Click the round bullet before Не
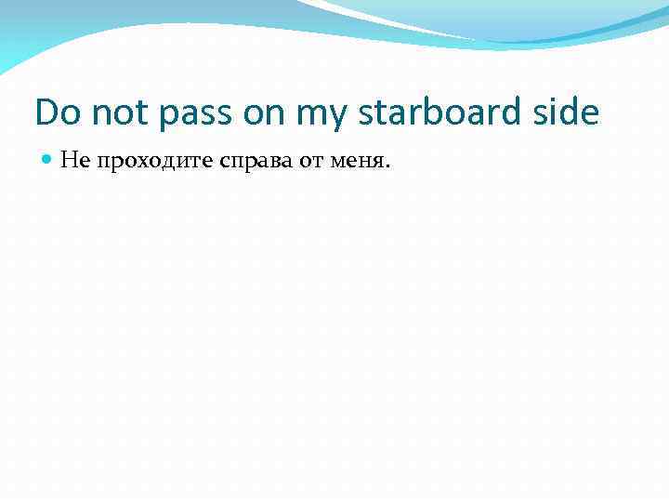(x=47, y=161)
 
